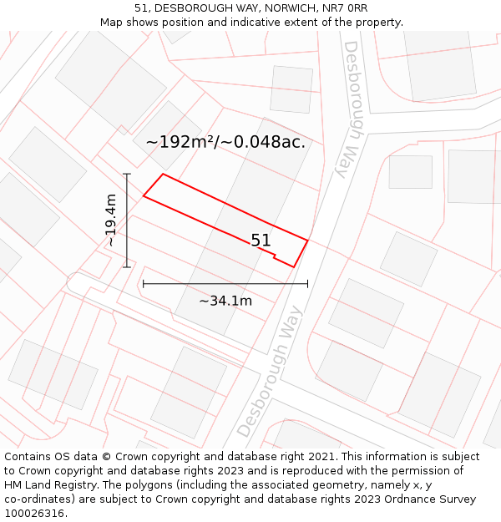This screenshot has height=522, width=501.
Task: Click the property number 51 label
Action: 261,241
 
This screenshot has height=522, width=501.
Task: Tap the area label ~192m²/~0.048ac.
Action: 225,142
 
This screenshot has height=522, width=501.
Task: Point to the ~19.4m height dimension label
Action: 111,220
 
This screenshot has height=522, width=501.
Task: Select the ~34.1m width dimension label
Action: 225,301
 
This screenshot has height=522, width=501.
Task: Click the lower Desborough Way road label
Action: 270,372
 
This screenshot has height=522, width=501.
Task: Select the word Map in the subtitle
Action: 112,23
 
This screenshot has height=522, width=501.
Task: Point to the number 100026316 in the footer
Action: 34,514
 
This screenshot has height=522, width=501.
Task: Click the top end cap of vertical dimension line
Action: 127,174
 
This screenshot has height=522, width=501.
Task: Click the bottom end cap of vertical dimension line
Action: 127,267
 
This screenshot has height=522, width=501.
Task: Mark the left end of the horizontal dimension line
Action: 144,284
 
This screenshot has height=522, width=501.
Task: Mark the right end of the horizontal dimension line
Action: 307,284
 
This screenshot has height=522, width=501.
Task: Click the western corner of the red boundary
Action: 144,196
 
